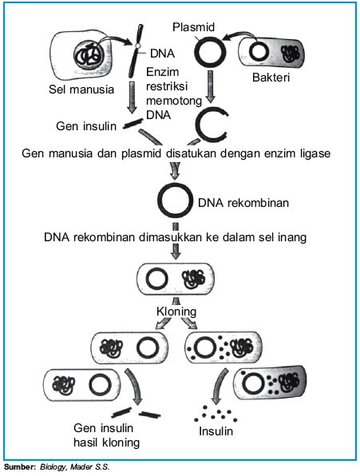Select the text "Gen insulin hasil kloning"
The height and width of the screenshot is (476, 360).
(106, 435)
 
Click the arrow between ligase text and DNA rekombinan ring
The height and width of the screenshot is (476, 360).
(175, 169)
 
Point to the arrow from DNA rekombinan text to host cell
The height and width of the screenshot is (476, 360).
(176, 250)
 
